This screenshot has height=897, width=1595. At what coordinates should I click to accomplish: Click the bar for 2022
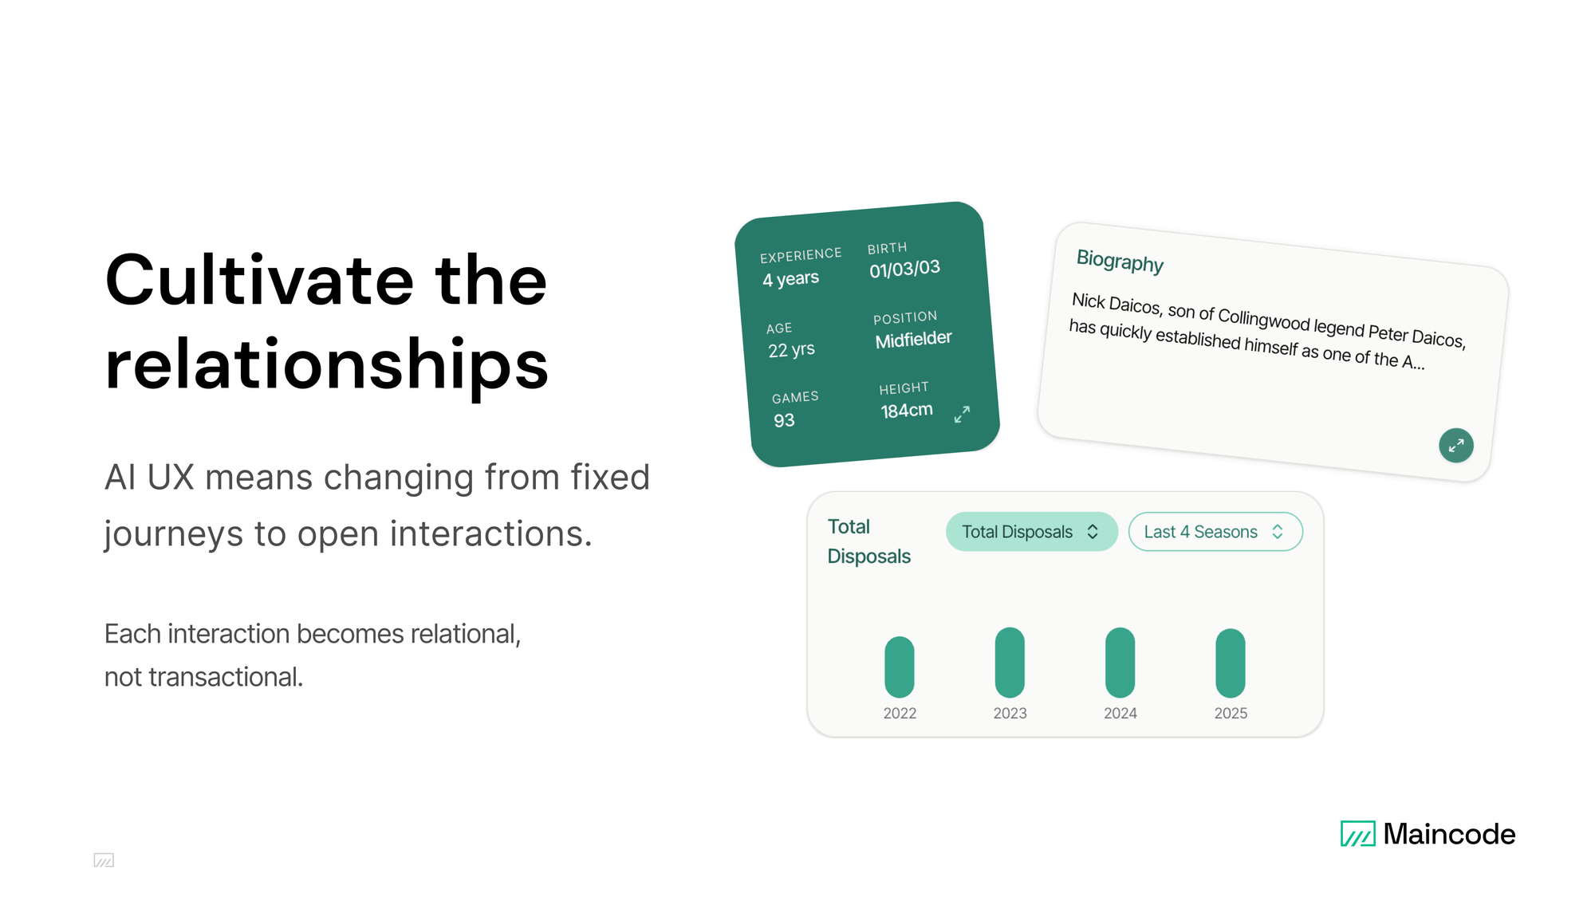tap(899, 667)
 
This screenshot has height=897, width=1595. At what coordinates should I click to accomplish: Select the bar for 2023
tap(1010, 662)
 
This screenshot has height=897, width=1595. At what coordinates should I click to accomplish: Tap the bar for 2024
tap(1120, 662)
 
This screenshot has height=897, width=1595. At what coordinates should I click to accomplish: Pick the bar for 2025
tap(1230, 663)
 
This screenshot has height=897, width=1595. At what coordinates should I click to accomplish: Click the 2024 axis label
tap(1120, 714)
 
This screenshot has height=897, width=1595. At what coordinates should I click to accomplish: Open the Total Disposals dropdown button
tap(1031, 532)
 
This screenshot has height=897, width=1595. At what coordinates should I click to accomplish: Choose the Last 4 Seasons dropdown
tap(1215, 532)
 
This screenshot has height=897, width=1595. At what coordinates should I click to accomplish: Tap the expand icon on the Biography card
tap(1455, 445)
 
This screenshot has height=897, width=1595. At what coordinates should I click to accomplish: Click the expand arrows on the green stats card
tap(962, 414)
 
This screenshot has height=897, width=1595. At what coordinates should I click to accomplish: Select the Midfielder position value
tap(913, 340)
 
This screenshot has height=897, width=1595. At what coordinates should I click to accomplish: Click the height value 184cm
tap(906, 411)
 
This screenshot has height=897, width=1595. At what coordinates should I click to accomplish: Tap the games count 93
tap(784, 420)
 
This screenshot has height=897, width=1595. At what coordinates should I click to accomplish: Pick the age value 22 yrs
tap(791, 350)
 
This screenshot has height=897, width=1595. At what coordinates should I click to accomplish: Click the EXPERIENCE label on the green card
tap(800, 255)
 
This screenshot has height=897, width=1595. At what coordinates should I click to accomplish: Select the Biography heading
tap(1120, 261)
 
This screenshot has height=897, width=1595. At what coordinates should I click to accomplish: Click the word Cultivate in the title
tap(259, 281)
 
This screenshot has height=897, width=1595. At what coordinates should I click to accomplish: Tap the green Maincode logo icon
tap(1357, 833)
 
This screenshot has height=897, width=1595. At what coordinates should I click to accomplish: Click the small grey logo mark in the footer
tap(104, 860)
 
